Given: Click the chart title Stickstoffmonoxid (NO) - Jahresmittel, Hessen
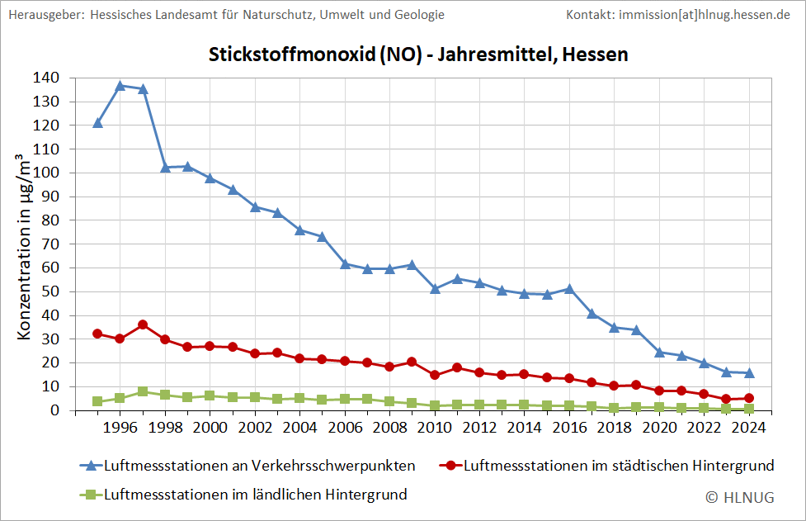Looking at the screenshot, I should click(x=418, y=55).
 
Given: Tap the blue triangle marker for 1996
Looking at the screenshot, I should click(x=120, y=85).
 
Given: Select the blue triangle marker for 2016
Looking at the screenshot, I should click(x=569, y=289).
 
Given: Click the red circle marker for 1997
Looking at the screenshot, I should click(x=143, y=324).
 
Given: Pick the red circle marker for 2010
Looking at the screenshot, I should click(x=435, y=375).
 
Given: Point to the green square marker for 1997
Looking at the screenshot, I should click(x=143, y=391).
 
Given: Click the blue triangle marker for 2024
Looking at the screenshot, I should click(x=749, y=373).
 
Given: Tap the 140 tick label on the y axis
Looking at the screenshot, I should click(x=46, y=78).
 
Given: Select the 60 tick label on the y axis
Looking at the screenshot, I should click(x=50, y=268).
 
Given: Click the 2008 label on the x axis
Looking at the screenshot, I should click(x=389, y=427).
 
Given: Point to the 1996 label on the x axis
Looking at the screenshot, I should click(x=120, y=427).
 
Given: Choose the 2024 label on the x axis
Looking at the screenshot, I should click(x=749, y=427).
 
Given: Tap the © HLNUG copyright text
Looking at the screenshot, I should click(x=740, y=496).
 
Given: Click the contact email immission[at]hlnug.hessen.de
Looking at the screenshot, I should click(x=678, y=15).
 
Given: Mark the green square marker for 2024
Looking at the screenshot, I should click(x=749, y=408).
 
